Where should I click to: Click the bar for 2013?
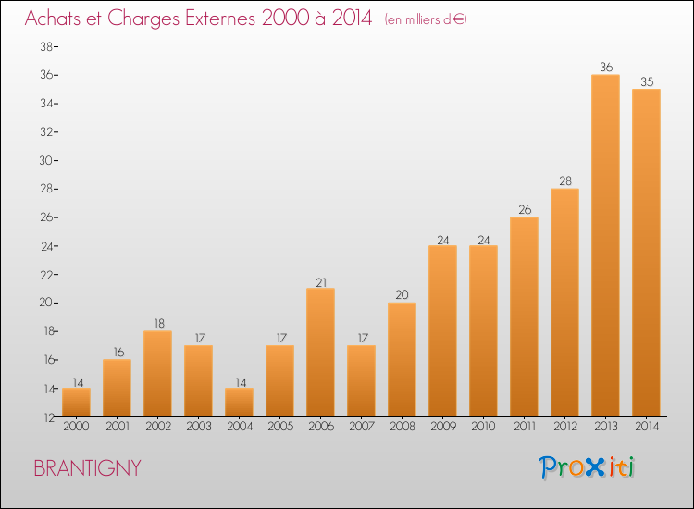click(605, 245)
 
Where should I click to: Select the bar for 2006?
click(320, 353)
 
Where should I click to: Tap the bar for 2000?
click(76, 403)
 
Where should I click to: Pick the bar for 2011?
click(524, 317)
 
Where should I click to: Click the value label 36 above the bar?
click(606, 68)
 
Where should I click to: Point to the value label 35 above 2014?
click(647, 81)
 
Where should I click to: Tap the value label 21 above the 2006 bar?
click(321, 282)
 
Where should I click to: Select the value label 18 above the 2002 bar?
click(159, 324)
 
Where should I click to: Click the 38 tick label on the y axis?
click(46, 46)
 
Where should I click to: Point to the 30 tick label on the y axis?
click(46, 161)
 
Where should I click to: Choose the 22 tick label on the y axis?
click(46, 275)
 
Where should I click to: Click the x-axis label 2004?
click(240, 427)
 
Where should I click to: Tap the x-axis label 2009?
click(443, 427)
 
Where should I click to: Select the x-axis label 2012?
click(565, 427)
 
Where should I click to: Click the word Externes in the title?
click(220, 19)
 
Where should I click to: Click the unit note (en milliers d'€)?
click(426, 19)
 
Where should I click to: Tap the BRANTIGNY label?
click(87, 468)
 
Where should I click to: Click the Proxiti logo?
click(587, 467)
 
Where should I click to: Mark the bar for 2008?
click(402, 360)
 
